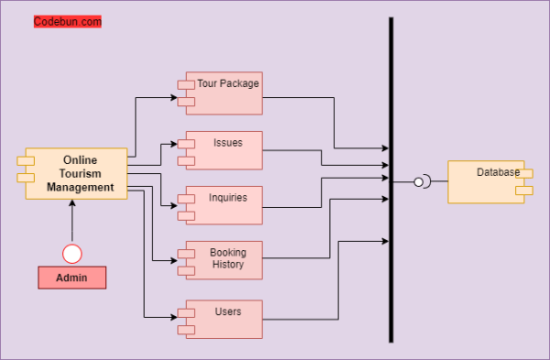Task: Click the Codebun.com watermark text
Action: (67, 21)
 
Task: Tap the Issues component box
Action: (224, 151)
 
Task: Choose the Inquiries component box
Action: (224, 206)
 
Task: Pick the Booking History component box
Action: (224, 260)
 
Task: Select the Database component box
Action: (486, 181)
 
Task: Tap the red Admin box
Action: (72, 278)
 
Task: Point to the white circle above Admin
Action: (72, 253)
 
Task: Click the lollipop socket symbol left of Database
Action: (420, 181)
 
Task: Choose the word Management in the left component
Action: (81, 187)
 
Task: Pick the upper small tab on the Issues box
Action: (186, 143)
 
